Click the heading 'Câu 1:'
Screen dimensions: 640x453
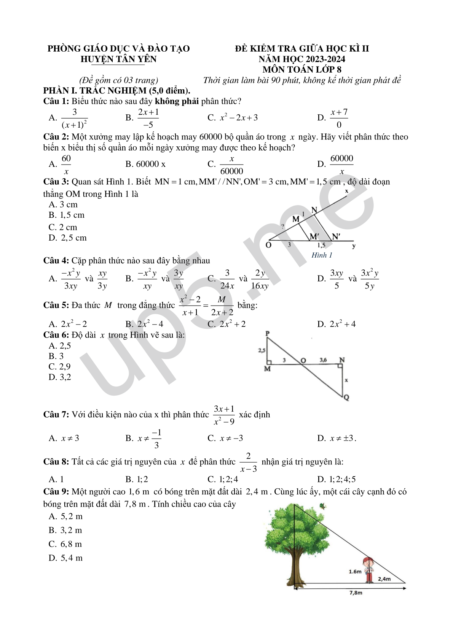tap(56, 101)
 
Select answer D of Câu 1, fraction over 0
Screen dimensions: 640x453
tap(333, 118)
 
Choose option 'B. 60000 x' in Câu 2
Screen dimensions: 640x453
tap(145, 164)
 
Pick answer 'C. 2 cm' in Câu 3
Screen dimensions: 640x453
tap(63, 227)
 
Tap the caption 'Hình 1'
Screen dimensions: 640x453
tap(322, 255)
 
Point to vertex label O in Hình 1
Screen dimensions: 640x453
tap(268, 245)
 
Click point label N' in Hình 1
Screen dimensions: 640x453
tap(336, 237)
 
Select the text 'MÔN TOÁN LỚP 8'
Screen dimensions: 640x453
tap(301, 70)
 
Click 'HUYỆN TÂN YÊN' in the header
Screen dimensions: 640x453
tap(118, 59)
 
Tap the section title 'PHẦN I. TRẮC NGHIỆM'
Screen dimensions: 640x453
tap(116, 90)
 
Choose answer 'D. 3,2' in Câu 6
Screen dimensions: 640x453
tap(60, 377)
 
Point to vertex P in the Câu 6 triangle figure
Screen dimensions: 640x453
tap(268, 334)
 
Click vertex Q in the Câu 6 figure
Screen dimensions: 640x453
tap(346, 398)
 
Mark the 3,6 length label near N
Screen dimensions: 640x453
tap(323, 360)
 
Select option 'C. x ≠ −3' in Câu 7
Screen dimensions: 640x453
tap(225, 438)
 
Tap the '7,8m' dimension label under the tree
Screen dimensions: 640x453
tap(356, 592)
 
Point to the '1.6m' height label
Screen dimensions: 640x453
tap(355, 572)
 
